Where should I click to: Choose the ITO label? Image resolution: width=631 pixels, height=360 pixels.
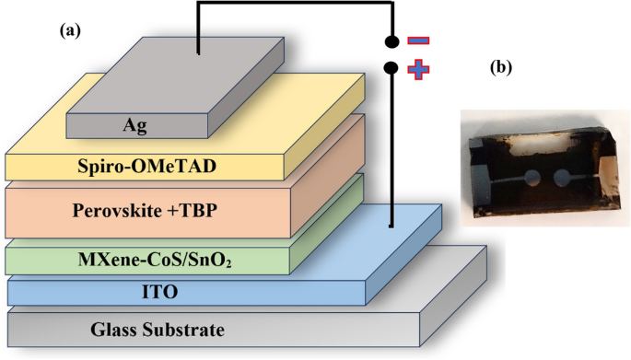click(144, 293)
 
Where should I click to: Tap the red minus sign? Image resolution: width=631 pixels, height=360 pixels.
click(417, 41)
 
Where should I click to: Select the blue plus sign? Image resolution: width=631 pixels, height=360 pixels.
click(417, 69)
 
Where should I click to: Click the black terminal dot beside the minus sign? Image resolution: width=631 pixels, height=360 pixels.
click(391, 41)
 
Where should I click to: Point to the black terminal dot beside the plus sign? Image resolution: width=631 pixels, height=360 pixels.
click(391, 68)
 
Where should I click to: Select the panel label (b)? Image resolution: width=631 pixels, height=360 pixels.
click(501, 66)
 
